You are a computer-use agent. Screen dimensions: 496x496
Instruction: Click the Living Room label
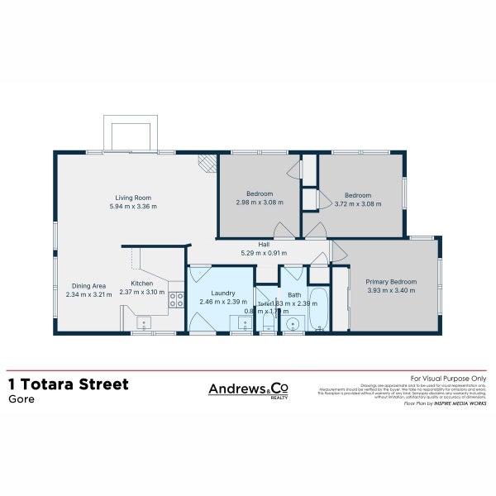(133, 198)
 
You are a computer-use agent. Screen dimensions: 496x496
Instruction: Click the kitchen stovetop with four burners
(176, 299)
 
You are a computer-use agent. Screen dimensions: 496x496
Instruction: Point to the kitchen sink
(142, 322)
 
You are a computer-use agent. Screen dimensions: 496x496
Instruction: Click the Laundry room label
(224, 293)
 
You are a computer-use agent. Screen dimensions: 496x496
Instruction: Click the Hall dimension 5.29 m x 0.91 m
(264, 253)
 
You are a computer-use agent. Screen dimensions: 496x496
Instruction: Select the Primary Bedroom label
(391, 282)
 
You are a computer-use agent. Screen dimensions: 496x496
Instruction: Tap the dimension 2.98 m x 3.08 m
(259, 202)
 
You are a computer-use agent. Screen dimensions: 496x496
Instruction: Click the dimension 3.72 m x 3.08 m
(357, 203)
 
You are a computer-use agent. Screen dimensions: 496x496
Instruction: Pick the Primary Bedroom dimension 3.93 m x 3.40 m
(391, 291)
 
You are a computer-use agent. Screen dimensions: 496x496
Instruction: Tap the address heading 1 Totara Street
(68, 384)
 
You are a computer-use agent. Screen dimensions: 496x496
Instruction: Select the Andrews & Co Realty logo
(247, 389)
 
